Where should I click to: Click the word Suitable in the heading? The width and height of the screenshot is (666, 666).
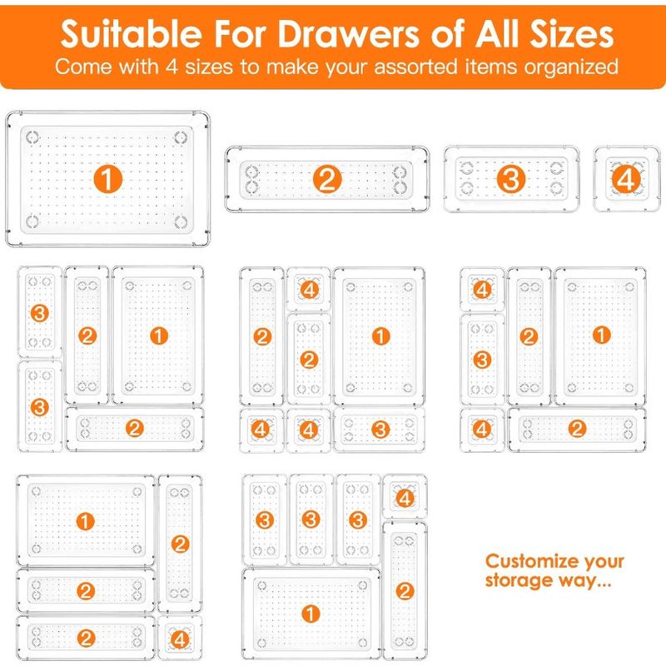131,33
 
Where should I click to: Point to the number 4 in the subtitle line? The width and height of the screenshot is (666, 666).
171,67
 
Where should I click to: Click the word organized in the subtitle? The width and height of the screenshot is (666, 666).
570,67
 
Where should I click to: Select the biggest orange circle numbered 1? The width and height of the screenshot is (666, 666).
108,179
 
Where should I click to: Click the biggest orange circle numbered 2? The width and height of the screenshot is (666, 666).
327,179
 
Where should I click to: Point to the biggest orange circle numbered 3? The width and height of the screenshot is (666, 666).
511,178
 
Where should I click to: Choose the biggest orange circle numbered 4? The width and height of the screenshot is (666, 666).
626,179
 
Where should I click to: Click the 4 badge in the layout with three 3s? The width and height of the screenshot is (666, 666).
405,498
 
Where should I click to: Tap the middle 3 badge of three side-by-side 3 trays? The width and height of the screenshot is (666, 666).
311,519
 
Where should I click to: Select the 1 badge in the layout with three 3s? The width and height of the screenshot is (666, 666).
311,614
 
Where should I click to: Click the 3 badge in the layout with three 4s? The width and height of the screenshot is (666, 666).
380,430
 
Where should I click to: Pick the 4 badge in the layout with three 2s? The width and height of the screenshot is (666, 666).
180,639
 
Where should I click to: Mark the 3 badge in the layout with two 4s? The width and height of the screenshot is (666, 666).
482,360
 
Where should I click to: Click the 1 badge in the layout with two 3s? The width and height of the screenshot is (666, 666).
159,336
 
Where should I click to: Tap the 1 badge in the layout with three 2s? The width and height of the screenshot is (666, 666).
85,522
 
